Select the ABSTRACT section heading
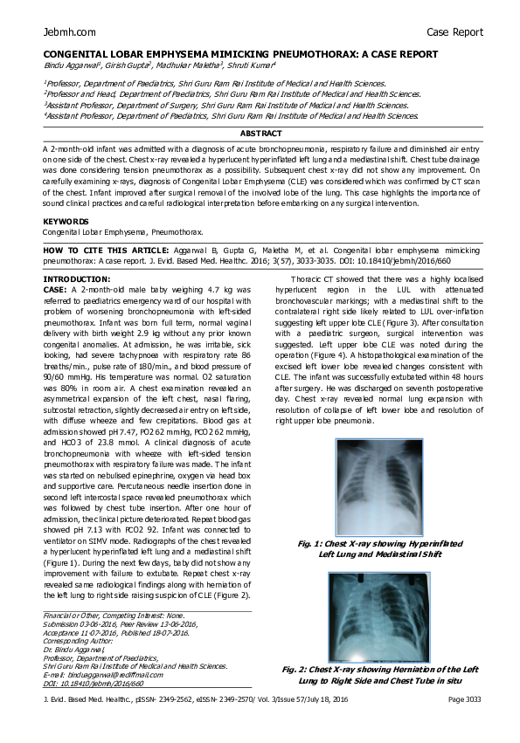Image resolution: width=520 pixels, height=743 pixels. point(261,134)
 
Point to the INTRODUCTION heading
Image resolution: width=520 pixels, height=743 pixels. point(77,279)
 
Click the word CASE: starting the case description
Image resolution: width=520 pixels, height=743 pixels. point(55,288)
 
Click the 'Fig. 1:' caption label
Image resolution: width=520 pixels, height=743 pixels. point(313,544)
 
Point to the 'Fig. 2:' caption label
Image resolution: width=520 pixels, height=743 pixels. point(298,670)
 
